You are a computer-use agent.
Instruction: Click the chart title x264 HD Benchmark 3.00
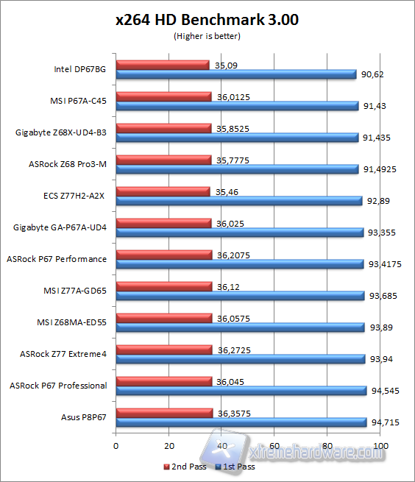tap(207, 21)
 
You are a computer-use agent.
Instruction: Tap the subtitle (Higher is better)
tap(207, 35)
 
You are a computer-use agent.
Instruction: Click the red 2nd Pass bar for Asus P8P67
tap(164, 413)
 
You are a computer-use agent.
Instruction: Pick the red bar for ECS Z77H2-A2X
tap(163, 191)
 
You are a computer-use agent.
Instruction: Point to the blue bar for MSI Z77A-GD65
tap(240, 295)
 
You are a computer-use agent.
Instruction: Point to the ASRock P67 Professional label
tap(57, 386)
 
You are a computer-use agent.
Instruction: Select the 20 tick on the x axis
tap(169, 446)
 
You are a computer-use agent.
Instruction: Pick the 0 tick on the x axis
tap(116, 446)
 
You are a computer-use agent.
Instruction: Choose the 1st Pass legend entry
tap(236, 467)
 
